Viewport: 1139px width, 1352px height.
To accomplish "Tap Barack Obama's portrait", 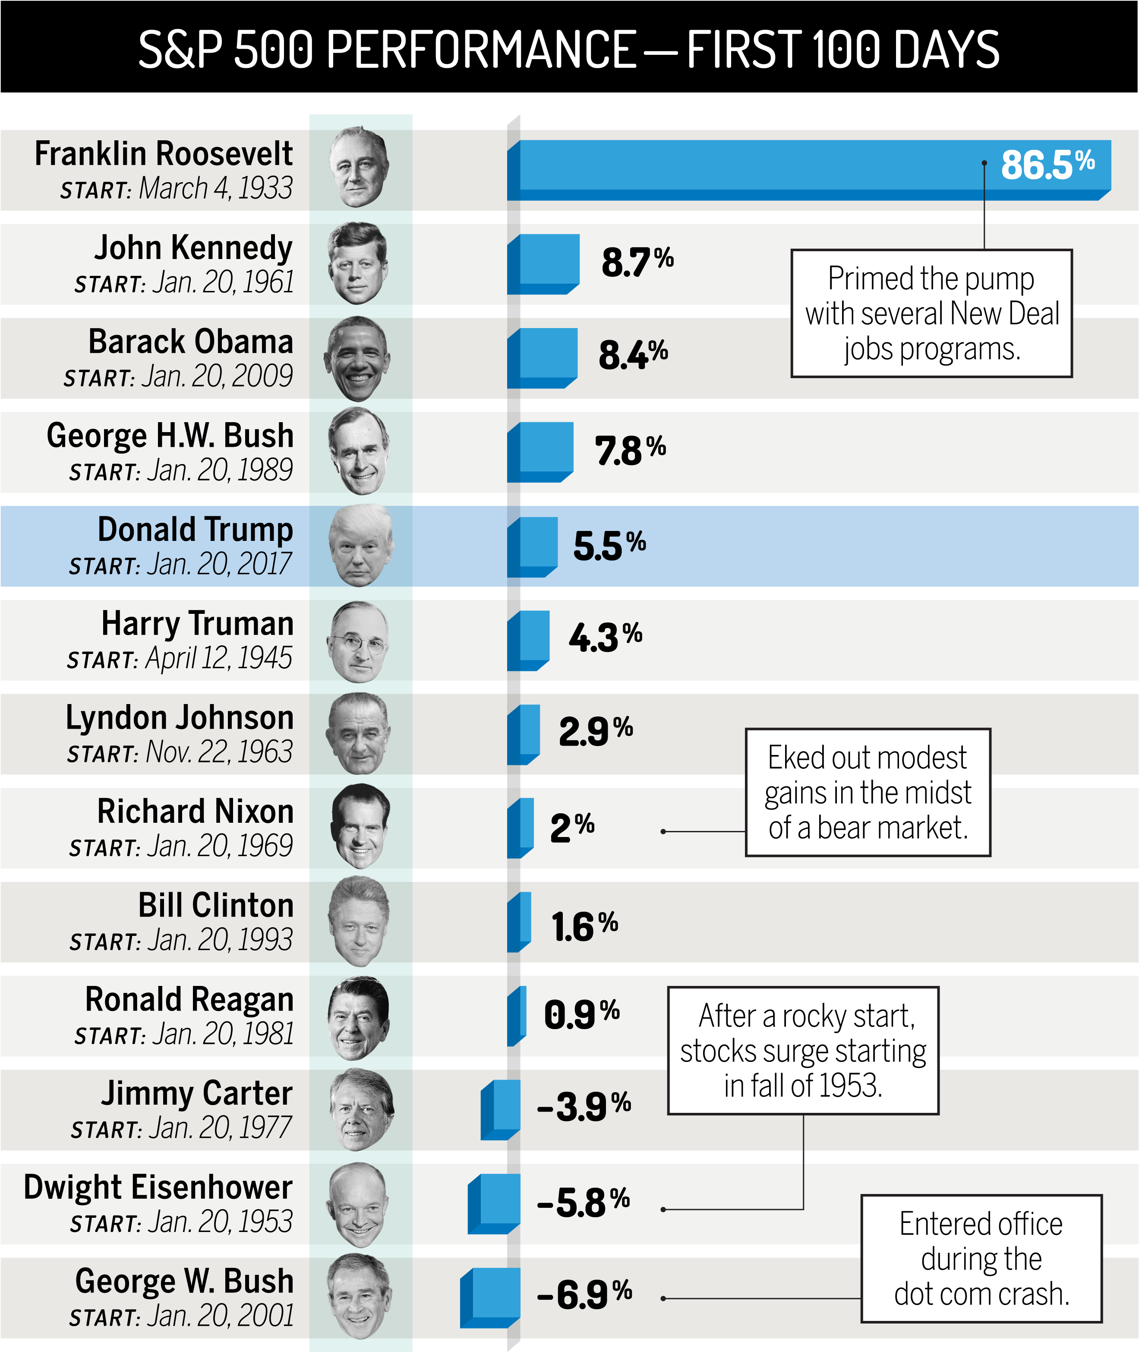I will [358, 358].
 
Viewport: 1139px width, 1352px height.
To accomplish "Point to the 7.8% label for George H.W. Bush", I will [630, 450].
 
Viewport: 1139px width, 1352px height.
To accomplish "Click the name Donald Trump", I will [195, 529].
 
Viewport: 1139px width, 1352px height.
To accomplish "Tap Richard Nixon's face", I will [359, 826].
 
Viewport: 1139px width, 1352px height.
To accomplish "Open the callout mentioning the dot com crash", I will [981, 1259].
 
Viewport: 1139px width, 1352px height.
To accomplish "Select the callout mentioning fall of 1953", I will [803, 1051].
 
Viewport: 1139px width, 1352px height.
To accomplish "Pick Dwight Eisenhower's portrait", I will [358, 1205].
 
